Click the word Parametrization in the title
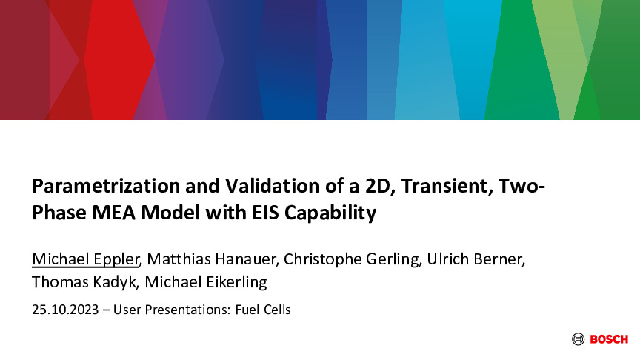pos(106,186)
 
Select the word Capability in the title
pos(330,213)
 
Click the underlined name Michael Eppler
pos(86,259)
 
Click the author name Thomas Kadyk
pos(85,282)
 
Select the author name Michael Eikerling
pos(206,282)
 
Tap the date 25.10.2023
pos(65,310)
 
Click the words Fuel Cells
pos(263,310)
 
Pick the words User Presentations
pos(171,310)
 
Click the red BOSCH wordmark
pos(609,339)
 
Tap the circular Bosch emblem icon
pos(578,339)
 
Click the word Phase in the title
pos(59,213)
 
